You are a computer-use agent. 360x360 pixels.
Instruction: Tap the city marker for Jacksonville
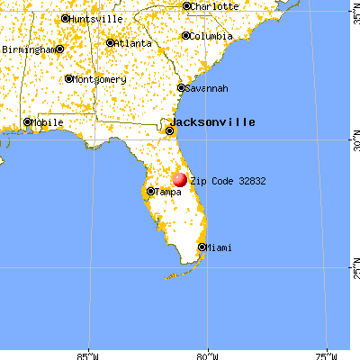(168, 132)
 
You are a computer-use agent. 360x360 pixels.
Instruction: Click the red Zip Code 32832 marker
(180, 180)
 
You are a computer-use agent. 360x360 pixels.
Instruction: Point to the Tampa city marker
(149, 191)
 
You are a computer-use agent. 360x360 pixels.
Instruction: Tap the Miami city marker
(202, 247)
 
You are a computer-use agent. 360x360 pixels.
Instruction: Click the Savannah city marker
(181, 87)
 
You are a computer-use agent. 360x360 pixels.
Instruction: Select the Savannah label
(207, 88)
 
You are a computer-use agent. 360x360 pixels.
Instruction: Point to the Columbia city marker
(185, 36)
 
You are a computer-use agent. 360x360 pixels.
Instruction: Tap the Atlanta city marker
(110, 42)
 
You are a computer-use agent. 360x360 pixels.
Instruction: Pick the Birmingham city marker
(59, 49)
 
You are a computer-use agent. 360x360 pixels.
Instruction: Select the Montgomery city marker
(68, 78)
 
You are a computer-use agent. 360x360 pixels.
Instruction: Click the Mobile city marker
(27, 121)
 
